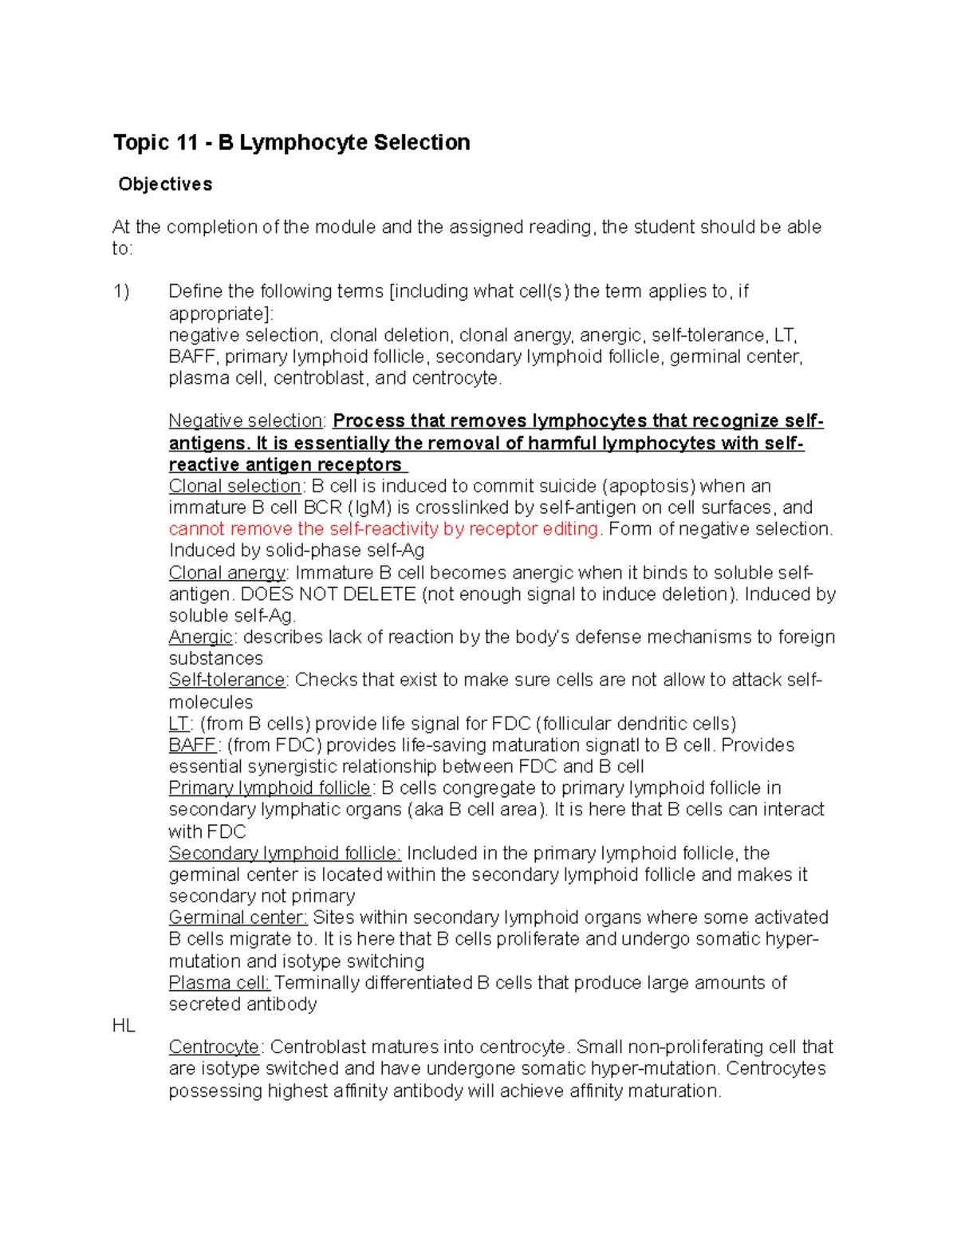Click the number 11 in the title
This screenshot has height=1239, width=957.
pos(187,143)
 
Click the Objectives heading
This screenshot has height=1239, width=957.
pos(165,184)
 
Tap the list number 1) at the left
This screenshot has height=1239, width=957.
pos(121,292)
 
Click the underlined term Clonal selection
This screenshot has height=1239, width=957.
pos(234,487)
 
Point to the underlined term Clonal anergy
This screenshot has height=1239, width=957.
pos(227,573)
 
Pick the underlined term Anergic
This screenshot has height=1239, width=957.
pos(200,637)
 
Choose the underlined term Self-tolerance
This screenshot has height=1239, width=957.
pos(226,681)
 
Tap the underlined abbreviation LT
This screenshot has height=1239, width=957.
pos(178,724)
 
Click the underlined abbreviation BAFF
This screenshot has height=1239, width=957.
pos(192,746)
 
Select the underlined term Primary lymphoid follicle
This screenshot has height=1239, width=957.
pos(270,789)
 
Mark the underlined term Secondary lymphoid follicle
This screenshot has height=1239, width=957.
pos(284,854)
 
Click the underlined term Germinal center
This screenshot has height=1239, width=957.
pos(238,918)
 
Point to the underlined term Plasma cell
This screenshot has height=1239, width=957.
pos(219,983)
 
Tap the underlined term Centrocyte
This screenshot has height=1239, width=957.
pos(214,1048)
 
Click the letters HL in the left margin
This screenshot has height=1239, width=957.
pos(124,1026)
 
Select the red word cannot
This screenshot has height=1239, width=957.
pos(195,530)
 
